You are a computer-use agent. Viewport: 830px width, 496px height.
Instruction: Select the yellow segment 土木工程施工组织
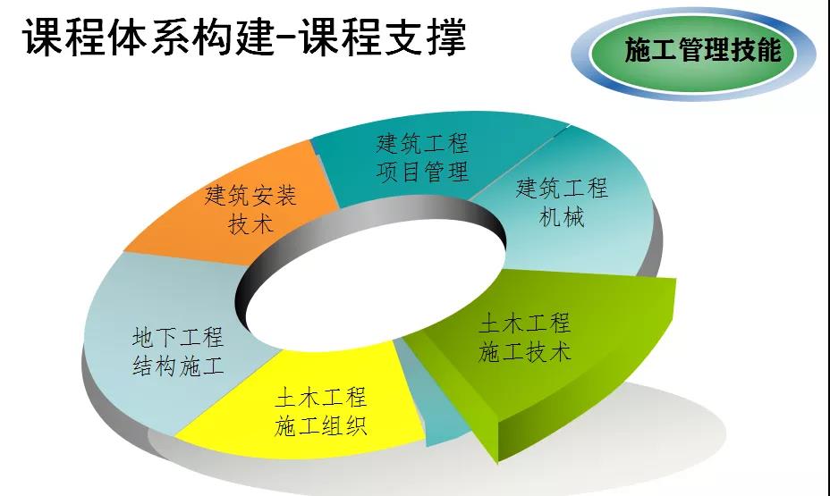click(307, 408)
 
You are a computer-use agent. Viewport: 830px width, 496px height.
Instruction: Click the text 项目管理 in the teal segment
click(422, 172)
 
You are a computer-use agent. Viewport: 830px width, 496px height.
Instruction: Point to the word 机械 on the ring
click(562, 216)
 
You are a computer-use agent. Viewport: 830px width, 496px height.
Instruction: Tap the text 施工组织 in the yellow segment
click(320, 425)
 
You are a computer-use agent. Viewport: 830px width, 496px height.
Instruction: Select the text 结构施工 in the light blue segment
click(178, 365)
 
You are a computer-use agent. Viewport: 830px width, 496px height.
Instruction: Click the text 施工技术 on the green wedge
click(525, 351)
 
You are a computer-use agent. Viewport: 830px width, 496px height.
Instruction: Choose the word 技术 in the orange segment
click(250, 223)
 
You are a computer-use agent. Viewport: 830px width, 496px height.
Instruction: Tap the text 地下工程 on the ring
click(178, 337)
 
